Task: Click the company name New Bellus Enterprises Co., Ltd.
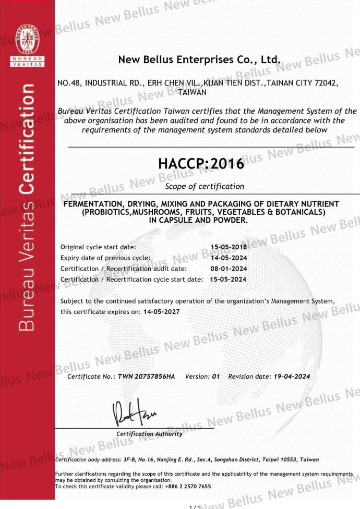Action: (200, 59)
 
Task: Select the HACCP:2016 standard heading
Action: (200, 164)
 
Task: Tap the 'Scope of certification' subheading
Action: (204, 186)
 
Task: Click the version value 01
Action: (216, 377)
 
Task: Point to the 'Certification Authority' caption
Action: (149, 434)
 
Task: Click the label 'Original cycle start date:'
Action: (98, 247)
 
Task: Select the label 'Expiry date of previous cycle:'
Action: (105, 258)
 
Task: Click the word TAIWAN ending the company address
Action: (193, 92)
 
